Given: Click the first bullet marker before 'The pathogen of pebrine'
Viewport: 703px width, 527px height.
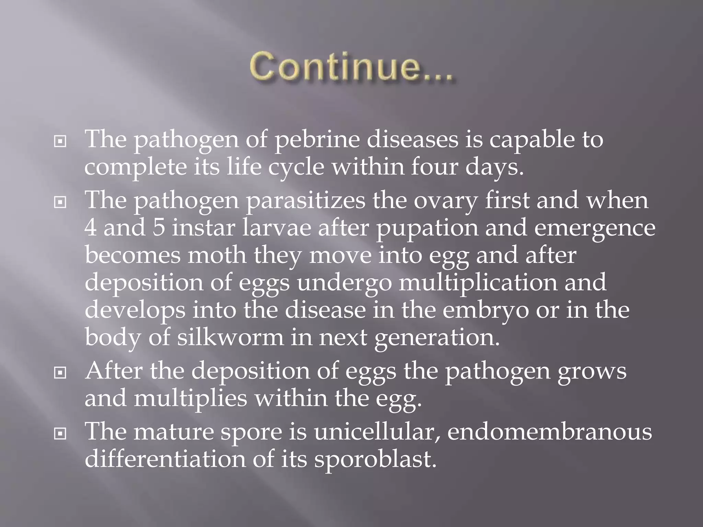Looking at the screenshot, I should pyautogui.click(x=60, y=141).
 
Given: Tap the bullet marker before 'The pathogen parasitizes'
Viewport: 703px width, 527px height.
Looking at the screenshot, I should pyautogui.click(x=60, y=202).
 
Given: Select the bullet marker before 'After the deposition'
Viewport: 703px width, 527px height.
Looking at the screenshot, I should pyautogui.click(x=60, y=373).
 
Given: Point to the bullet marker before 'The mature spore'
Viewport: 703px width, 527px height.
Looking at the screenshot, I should pyautogui.click(x=60, y=434).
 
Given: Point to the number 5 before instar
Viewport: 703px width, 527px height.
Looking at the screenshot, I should pyautogui.click(x=159, y=228).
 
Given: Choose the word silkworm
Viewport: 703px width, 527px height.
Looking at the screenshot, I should pyautogui.click(x=230, y=337).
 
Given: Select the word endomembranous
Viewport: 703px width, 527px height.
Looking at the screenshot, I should pyautogui.click(x=549, y=432).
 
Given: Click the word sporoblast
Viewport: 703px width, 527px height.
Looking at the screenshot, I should pyautogui.click(x=375, y=460).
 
